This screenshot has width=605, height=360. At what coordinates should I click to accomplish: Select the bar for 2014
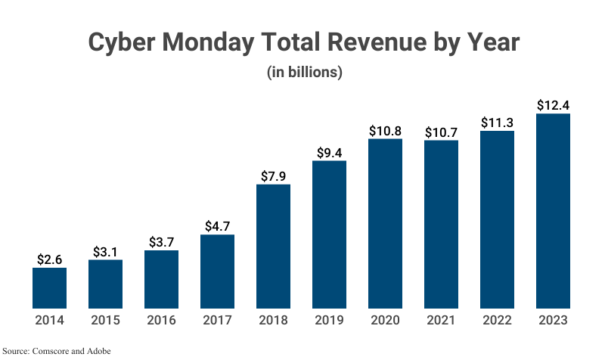(49, 288)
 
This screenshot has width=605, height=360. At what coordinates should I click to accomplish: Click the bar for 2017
(217, 272)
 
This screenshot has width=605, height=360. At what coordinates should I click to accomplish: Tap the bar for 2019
(329, 234)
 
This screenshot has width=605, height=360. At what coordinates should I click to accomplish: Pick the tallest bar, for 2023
(553, 211)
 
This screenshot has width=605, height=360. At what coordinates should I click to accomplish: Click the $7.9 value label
(273, 175)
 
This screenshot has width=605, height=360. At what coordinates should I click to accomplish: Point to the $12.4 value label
(553, 105)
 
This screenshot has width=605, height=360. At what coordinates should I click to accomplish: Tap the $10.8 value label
(385, 130)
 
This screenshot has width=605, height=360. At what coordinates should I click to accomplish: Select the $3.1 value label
(105, 251)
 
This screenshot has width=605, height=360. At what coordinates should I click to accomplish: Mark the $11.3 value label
(497, 123)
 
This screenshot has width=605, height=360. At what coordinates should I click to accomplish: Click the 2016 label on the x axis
(161, 320)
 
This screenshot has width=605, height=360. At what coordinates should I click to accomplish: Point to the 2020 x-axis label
(385, 320)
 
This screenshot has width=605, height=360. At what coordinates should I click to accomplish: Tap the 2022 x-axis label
(497, 320)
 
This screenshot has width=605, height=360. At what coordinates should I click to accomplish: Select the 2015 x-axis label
(105, 320)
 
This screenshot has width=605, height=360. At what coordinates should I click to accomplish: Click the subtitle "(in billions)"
(305, 73)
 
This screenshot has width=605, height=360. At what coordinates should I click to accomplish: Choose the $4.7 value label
(217, 225)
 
